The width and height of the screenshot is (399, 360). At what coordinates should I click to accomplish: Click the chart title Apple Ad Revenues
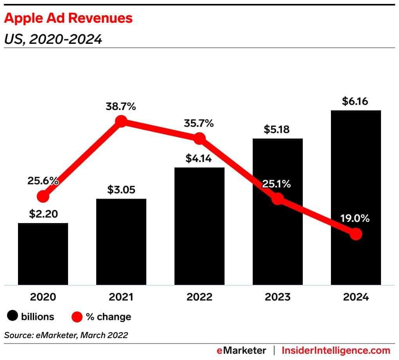68,18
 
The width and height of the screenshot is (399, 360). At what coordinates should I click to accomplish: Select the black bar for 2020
43,254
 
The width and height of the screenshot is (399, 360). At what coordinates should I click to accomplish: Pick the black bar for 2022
199,235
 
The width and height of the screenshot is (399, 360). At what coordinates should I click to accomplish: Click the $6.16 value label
356,101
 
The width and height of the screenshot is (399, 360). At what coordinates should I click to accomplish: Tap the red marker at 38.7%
121,121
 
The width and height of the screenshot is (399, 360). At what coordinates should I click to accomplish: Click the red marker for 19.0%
356,234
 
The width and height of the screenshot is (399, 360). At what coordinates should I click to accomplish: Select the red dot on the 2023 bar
277,199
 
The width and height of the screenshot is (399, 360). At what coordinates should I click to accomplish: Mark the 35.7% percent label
199,124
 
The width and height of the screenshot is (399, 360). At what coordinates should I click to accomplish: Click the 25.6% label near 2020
43,181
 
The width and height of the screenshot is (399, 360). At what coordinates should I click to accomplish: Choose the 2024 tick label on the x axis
356,297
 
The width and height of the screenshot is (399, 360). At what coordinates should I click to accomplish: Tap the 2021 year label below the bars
121,297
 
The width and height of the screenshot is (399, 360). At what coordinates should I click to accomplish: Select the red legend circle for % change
77,317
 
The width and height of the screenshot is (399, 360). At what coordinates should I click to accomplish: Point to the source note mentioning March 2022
66,335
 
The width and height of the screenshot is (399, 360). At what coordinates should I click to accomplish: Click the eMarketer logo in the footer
241,350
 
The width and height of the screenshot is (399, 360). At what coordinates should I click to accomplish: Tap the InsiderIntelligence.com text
336,350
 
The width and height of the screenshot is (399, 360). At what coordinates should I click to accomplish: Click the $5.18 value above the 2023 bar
277,130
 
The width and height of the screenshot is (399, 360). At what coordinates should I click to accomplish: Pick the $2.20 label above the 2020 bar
43,214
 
